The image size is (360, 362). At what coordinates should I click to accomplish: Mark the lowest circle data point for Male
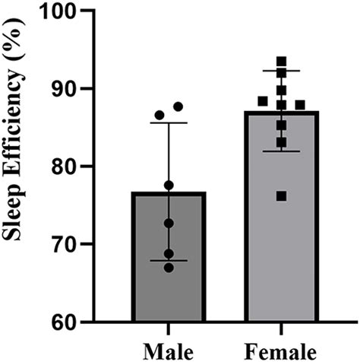click(x=169, y=267)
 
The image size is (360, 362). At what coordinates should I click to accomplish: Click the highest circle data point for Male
click(x=178, y=106)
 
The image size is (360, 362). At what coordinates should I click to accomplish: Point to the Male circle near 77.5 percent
click(x=169, y=185)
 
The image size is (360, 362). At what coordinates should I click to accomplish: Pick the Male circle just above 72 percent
click(x=169, y=223)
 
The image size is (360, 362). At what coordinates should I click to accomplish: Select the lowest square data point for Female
click(x=282, y=196)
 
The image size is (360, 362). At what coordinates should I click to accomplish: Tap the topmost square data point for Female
click(x=282, y=62)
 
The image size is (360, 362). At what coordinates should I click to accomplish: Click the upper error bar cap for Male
click(x=169, y=123)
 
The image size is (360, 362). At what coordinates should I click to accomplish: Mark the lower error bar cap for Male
click(x=169, y=260)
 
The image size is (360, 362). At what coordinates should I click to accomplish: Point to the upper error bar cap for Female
click(x=282, y=71)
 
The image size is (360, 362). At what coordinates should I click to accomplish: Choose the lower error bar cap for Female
click(x=282, y=151)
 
